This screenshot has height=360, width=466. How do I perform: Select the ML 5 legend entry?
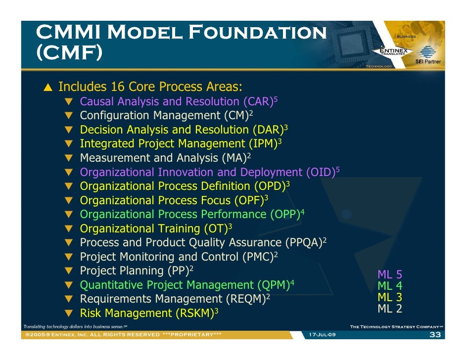pos(390,274)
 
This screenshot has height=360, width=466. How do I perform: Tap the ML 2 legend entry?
pos(390,309)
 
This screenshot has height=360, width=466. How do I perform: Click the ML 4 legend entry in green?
pos(390,286)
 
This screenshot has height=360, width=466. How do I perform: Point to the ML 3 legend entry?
pos(390,297)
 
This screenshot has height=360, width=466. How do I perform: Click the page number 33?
pos(435,335)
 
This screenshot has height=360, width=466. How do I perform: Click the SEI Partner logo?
pos(428,55)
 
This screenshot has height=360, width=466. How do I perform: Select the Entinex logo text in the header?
pos(394,50)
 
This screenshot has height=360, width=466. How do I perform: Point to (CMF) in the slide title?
pos(69,52)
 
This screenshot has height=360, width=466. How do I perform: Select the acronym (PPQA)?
pos(304,243)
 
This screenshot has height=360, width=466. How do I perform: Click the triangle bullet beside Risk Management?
pos(69,314)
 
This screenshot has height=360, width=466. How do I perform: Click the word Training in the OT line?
pos(179,229)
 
